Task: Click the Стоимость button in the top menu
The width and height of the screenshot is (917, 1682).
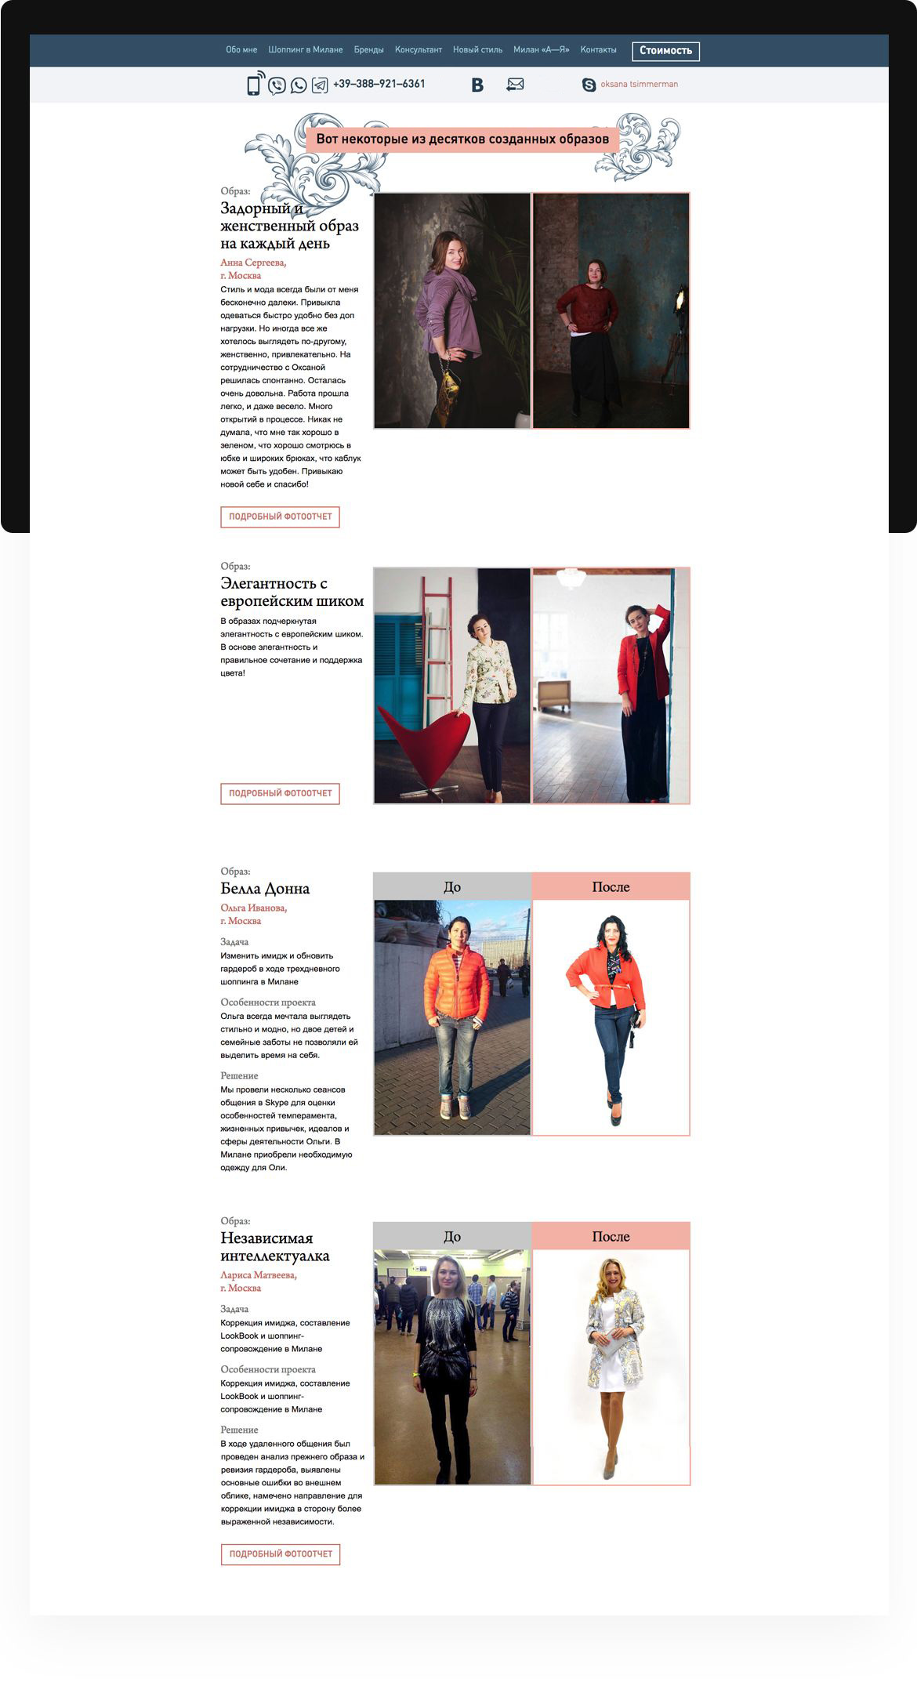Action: [665, 51]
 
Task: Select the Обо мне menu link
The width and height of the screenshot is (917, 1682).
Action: [241, 50]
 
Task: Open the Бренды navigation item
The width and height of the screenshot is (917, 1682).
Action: [368, 50]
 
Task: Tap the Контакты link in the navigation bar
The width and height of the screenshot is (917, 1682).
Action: [598, 50]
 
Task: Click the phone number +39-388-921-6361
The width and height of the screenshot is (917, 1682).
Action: [379, 84]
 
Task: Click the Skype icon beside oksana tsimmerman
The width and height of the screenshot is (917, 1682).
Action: [589, 85]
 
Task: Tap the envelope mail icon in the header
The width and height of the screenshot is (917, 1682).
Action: [515, 85]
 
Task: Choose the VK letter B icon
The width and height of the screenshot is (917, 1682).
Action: [477, 85]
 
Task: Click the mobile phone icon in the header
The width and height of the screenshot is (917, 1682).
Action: [254, 85]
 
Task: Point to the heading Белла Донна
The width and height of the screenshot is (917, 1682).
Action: [265, 889]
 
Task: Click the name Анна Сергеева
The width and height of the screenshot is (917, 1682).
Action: [253, 263]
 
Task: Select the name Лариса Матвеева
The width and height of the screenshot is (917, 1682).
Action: [259, 1275]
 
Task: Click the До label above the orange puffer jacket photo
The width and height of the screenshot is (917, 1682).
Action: [452, 887]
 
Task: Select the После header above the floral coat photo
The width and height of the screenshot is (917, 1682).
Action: [611, 1237]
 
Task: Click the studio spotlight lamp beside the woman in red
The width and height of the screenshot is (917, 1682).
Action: [679, 299]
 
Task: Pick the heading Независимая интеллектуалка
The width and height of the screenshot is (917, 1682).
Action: [274, 1247]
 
